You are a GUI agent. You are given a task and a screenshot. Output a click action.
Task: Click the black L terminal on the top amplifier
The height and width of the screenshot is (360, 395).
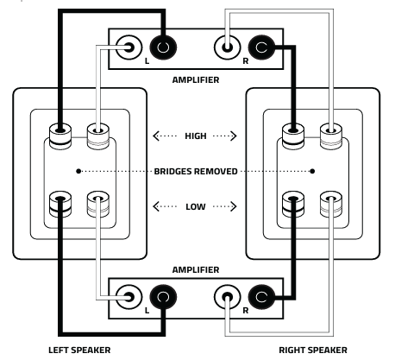pyautogui.click(x=163, y=47)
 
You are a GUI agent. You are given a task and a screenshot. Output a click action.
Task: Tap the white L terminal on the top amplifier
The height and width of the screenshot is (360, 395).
pyautogui.click(x=129, y=47)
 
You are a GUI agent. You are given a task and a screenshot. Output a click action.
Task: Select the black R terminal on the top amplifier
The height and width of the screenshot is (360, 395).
pyautogui.click(x=261, y=47)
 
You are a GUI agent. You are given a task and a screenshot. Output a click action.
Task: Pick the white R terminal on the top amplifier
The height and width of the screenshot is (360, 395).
pyautogui.click(x=228, y=47)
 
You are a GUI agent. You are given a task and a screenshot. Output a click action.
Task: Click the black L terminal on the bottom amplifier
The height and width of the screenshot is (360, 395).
pyautogui.click(x=163, y=297)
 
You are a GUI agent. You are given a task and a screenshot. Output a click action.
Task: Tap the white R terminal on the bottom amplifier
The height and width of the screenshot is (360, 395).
pyautogui.click(x=228, y=297)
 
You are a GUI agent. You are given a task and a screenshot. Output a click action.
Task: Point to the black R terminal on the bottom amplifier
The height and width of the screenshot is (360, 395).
pyautogui.click(x=261, y=297)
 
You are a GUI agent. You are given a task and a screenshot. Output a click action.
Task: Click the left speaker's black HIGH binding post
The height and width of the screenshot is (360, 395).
pyautogui.click(x=60, y=136)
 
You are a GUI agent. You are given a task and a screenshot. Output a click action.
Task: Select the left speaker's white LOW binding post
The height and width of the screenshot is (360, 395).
pyautogui.click(x=98, y=205)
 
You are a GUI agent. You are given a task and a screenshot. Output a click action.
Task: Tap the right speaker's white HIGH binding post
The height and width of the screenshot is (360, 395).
pyautogui.click(x=331, y=136)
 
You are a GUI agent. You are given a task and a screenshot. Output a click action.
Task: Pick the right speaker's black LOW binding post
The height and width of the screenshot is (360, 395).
pyautogui.click(x=293, y=205)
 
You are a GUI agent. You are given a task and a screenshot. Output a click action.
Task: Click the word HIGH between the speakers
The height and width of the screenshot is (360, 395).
pyautogui.click(x=196, y=136)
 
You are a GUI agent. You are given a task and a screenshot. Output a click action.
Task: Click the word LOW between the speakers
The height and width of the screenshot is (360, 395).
pyautogui.click(x=196, y=206)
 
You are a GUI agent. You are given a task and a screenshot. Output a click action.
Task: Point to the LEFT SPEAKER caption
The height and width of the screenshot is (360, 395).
pyautogui.click(x=79, y=351)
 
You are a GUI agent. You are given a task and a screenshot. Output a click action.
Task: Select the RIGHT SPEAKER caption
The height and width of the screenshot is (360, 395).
pyautogui.click(x=313, y=351)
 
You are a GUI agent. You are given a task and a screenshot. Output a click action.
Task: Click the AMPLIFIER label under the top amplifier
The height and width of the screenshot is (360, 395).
pyautogui.click(x=196, y=79)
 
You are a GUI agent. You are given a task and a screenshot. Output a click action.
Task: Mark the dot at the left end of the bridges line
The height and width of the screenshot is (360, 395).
pyautogui.click(x=78, y=171)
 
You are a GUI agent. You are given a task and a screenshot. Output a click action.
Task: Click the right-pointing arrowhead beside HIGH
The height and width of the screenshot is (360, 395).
pyautogui.click(x=234, y=136)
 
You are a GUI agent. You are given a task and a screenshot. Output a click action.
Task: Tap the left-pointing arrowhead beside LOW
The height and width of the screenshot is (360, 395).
pyautogui.click(x=156, y=206)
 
